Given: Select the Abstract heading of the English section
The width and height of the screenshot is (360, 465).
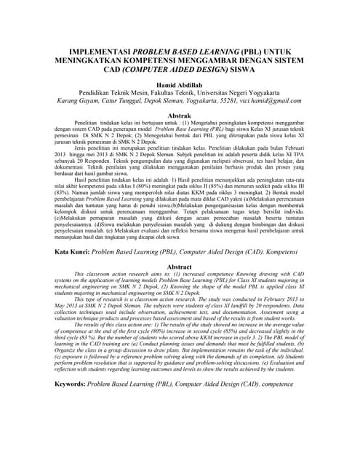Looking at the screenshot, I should (x=180, y=267).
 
